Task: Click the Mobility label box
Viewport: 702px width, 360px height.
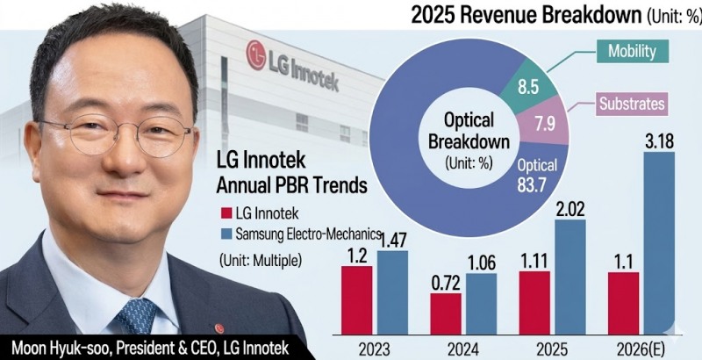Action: [631, 51]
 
